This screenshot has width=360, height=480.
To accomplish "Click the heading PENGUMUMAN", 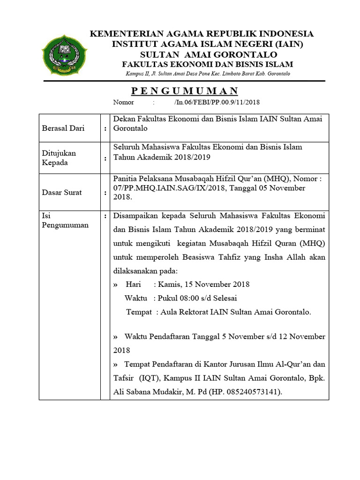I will [x=184, y=91].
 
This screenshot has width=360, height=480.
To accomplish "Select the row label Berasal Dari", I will [x=63, y=128].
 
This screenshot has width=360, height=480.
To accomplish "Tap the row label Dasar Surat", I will [x=62, y=192].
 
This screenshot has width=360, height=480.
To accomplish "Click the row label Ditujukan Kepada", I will [x=59, y=158].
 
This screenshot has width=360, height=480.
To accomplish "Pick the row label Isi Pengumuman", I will [x=59, y=220].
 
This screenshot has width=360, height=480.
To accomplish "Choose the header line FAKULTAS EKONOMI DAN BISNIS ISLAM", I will [x=205, y=64].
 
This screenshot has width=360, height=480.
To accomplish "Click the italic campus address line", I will [x=208, y=74].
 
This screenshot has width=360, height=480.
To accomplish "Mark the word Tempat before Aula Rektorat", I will [x=139, y=312].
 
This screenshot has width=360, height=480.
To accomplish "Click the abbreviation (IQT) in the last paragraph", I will [x=147, y=378].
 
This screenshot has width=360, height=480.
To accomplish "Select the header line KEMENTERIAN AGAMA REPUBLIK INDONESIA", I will [x=202, y=34].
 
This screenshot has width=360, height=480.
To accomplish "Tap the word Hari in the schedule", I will [x=134, y=284].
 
